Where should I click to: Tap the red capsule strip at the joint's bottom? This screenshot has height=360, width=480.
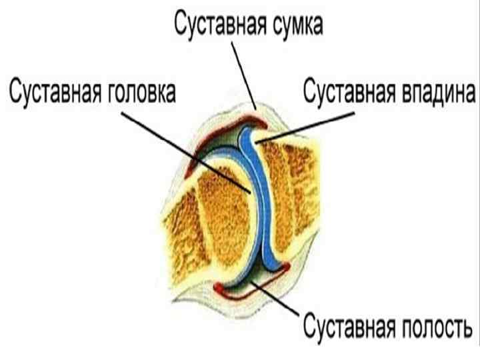tap(280, 267)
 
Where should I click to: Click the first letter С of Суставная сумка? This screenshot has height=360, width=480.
tap(180, 26)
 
